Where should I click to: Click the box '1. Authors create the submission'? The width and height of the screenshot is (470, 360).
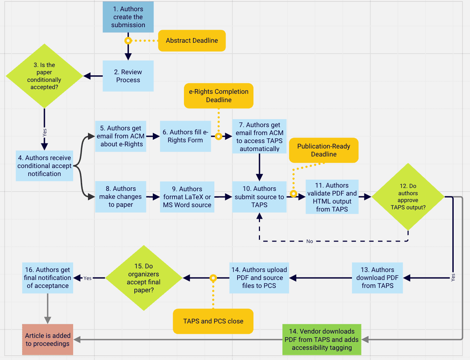point(128,17)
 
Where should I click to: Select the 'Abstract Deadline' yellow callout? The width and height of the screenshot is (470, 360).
point(192,41)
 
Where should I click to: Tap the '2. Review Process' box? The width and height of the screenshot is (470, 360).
point(128,76)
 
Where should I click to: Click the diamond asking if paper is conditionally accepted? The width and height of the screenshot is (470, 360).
point(44,76)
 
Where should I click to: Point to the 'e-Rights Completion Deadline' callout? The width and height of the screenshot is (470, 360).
point(218,96)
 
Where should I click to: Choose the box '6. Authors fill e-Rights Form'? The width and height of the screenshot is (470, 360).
point(185,136)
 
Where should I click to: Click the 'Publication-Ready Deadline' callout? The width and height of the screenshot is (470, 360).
point(324,150)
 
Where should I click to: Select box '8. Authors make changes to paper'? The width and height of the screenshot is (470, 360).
point(121,197)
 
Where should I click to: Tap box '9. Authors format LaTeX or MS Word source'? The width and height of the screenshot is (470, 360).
point(187,197)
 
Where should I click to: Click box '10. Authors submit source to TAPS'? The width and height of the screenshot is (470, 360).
point(259,197)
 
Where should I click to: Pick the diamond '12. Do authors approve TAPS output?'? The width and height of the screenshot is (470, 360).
point(408,197)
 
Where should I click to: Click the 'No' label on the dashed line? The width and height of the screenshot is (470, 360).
point(310,241)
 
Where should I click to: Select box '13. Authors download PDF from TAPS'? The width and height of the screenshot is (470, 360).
point(377,278)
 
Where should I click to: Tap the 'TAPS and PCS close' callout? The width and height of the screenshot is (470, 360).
point(213,321)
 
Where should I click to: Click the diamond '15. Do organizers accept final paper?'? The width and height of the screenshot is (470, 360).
point(144,278)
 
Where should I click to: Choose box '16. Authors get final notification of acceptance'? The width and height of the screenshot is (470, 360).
point(47,278)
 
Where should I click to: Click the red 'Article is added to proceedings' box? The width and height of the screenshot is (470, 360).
point(47,340)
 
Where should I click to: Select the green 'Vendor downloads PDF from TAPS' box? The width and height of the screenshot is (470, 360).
point(322,340)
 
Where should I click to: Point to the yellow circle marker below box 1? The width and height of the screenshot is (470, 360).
point(128,41)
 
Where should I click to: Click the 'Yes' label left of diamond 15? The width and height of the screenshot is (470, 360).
point(88,278)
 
